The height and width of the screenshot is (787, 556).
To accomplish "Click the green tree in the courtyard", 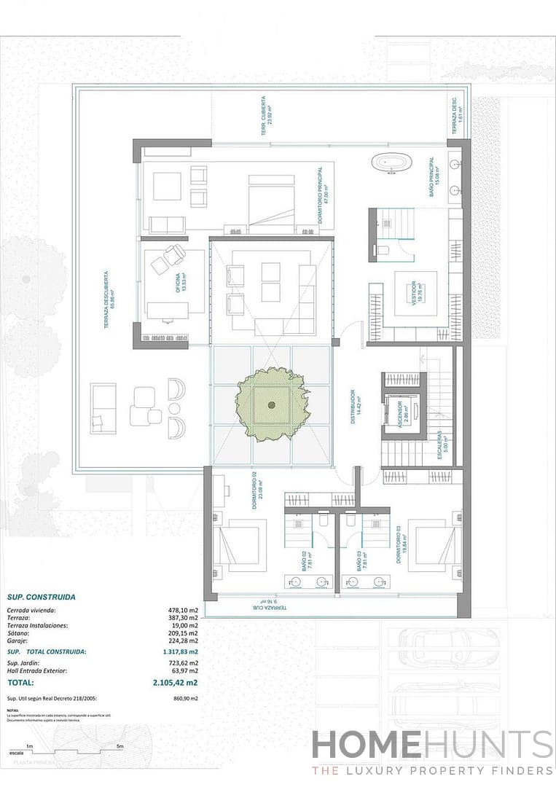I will coord(271,404).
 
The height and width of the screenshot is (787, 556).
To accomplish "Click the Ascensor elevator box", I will coord(402,416).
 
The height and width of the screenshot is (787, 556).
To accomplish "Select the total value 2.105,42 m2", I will coord(175,683).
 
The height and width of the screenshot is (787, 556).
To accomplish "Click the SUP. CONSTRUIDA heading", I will coord(41,597).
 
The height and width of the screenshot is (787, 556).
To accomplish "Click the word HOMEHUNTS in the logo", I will coord(431,745).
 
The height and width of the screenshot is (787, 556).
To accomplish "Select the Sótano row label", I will coord(17,634).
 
